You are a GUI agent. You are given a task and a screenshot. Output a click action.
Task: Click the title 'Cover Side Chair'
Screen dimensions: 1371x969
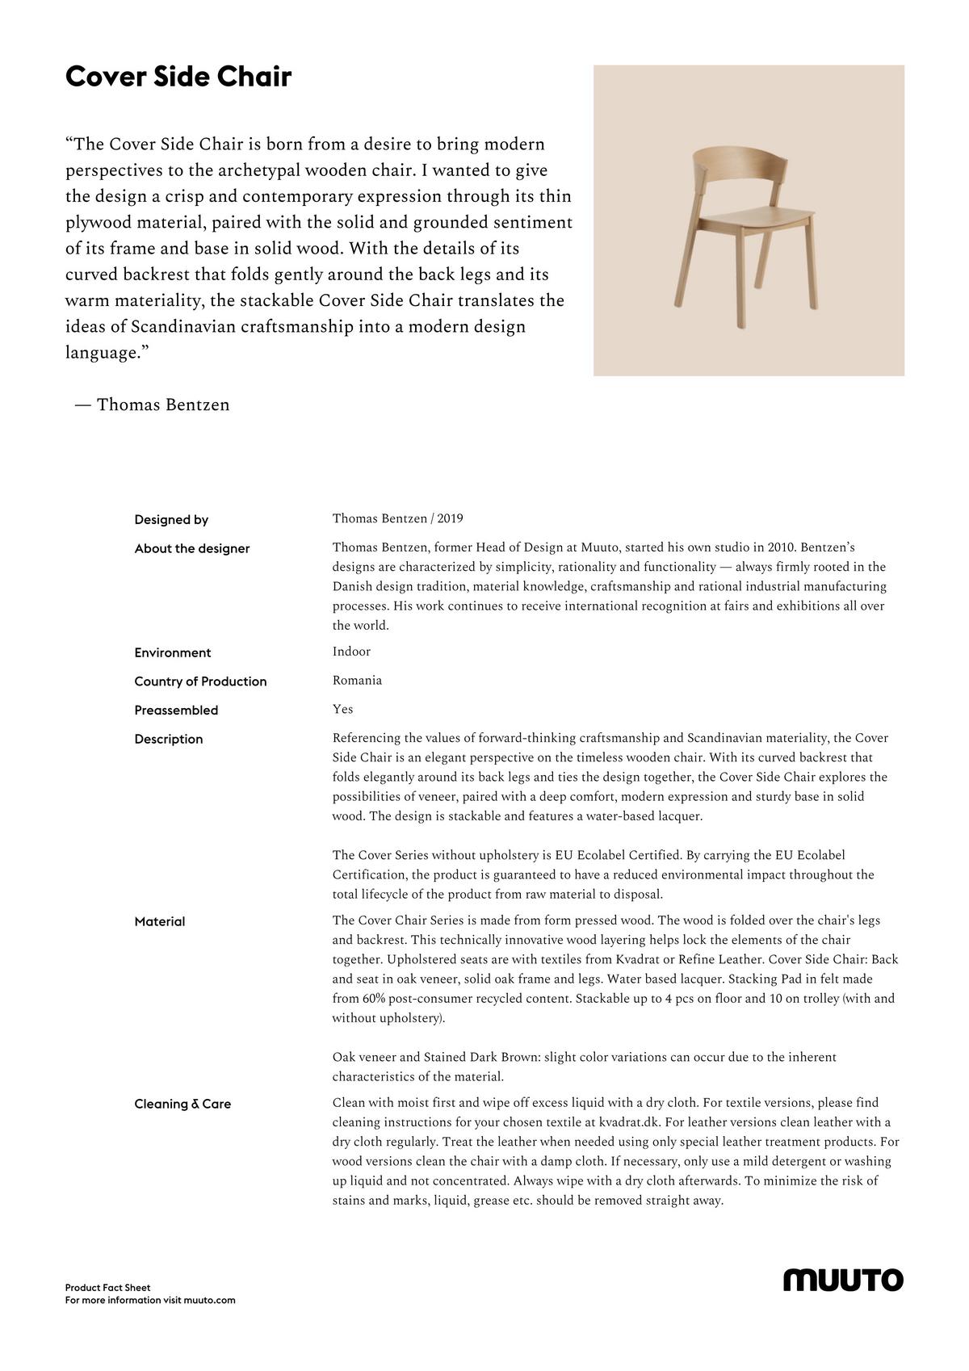pyautogui.click(x=178, y=77)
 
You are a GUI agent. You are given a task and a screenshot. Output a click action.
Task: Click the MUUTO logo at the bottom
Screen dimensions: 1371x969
pyautogui.click(x=843, y=1280)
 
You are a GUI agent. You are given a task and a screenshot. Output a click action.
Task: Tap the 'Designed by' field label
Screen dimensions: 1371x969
pyautogui.click(x=171, y=519)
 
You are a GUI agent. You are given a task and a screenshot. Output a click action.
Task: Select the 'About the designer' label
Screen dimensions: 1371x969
pyautogui.click(x=192, y=548)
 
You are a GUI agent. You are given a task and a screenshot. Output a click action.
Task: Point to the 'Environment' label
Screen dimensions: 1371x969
pyautogui.click(x=173, y=652)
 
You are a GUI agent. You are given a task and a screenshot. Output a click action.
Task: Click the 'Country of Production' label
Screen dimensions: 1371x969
pyautogui.click(x=200, y=681)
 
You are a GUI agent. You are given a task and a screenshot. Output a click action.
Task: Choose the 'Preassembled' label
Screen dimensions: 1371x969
pyautogui.click(x=176, y=711)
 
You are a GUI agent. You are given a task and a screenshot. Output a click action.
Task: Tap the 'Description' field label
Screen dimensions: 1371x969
pyautogui.click(x=169, y=739)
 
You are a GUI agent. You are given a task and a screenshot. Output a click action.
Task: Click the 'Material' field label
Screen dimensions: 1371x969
pyautogui.click(x=160, y=921)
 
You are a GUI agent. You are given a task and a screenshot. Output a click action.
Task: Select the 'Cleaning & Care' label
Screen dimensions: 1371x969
pyautogui.click(x=182, y=1104)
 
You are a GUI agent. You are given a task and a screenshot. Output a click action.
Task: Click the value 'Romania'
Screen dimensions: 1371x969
pyautogui.click(x=357, y=681)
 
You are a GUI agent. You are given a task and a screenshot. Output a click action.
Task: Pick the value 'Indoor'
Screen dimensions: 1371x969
pyautogui.click(x=351, y=652)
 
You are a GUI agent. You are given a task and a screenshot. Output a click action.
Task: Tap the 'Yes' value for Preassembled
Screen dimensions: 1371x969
pyautogui.click(x=342, y=709)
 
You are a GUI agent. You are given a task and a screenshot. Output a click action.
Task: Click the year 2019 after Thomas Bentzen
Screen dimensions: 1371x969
pyautogui.click(x=450, y=518)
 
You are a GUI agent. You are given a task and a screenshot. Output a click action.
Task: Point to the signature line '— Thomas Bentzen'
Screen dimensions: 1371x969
pyautogui.click(x=152, y=405)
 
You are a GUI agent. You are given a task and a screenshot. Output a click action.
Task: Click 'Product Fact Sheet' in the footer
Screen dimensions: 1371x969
pyautogui.click(x=107, y=1288)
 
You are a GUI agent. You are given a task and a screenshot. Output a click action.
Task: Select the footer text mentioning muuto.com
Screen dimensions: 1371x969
pyautogui.click(x=150, y=1300)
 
